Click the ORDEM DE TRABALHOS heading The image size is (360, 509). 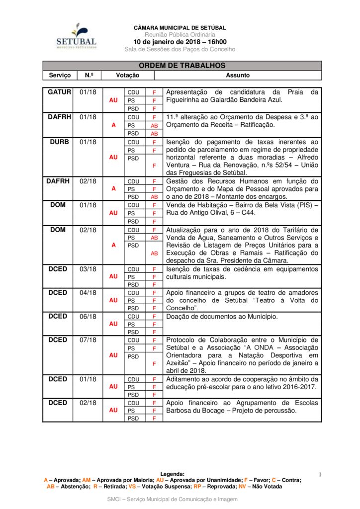coord(182,66)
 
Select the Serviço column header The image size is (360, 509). coord(60,76)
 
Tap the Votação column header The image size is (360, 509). coord(128,76)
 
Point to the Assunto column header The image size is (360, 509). coord(238,76)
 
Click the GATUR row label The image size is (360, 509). coord(60,92)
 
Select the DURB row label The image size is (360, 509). coord(59,142)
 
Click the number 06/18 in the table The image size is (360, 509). coord(88,316)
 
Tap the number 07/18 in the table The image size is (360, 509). coord(88,339)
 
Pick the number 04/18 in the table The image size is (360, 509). coord(88,292)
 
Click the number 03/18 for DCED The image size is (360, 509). coord(88,269)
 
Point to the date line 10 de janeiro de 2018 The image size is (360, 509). coord(180,42)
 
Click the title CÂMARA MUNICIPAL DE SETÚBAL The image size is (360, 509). coord(180,28)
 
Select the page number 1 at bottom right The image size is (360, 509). coord(320,475)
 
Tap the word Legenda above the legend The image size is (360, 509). coord(173,474)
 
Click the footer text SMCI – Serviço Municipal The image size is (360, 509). coord(173,499)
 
